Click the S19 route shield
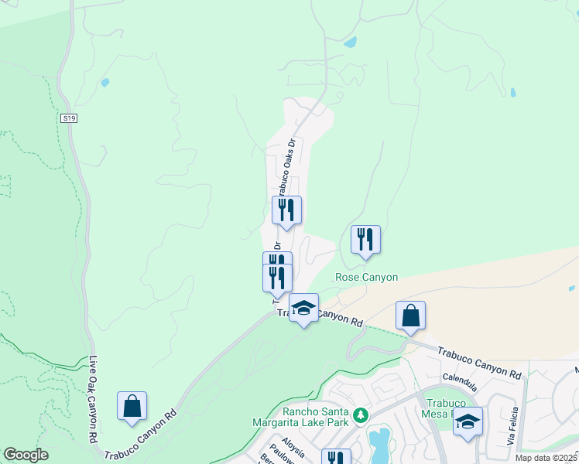69,118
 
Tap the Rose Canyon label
366,277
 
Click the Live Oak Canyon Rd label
93,398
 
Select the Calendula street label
459,377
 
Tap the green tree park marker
359,416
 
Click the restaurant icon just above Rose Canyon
365,239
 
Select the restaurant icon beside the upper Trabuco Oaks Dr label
286,210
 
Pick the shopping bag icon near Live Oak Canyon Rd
132,406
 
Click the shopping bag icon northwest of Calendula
410,316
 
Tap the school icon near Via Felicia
468,421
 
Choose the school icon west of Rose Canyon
303,308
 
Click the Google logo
26,455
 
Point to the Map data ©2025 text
546,458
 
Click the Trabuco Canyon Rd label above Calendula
480,361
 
